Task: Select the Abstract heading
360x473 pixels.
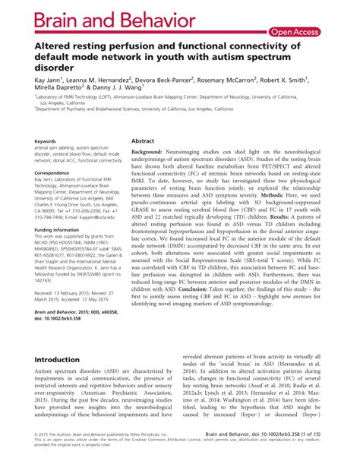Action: [144, 141]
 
